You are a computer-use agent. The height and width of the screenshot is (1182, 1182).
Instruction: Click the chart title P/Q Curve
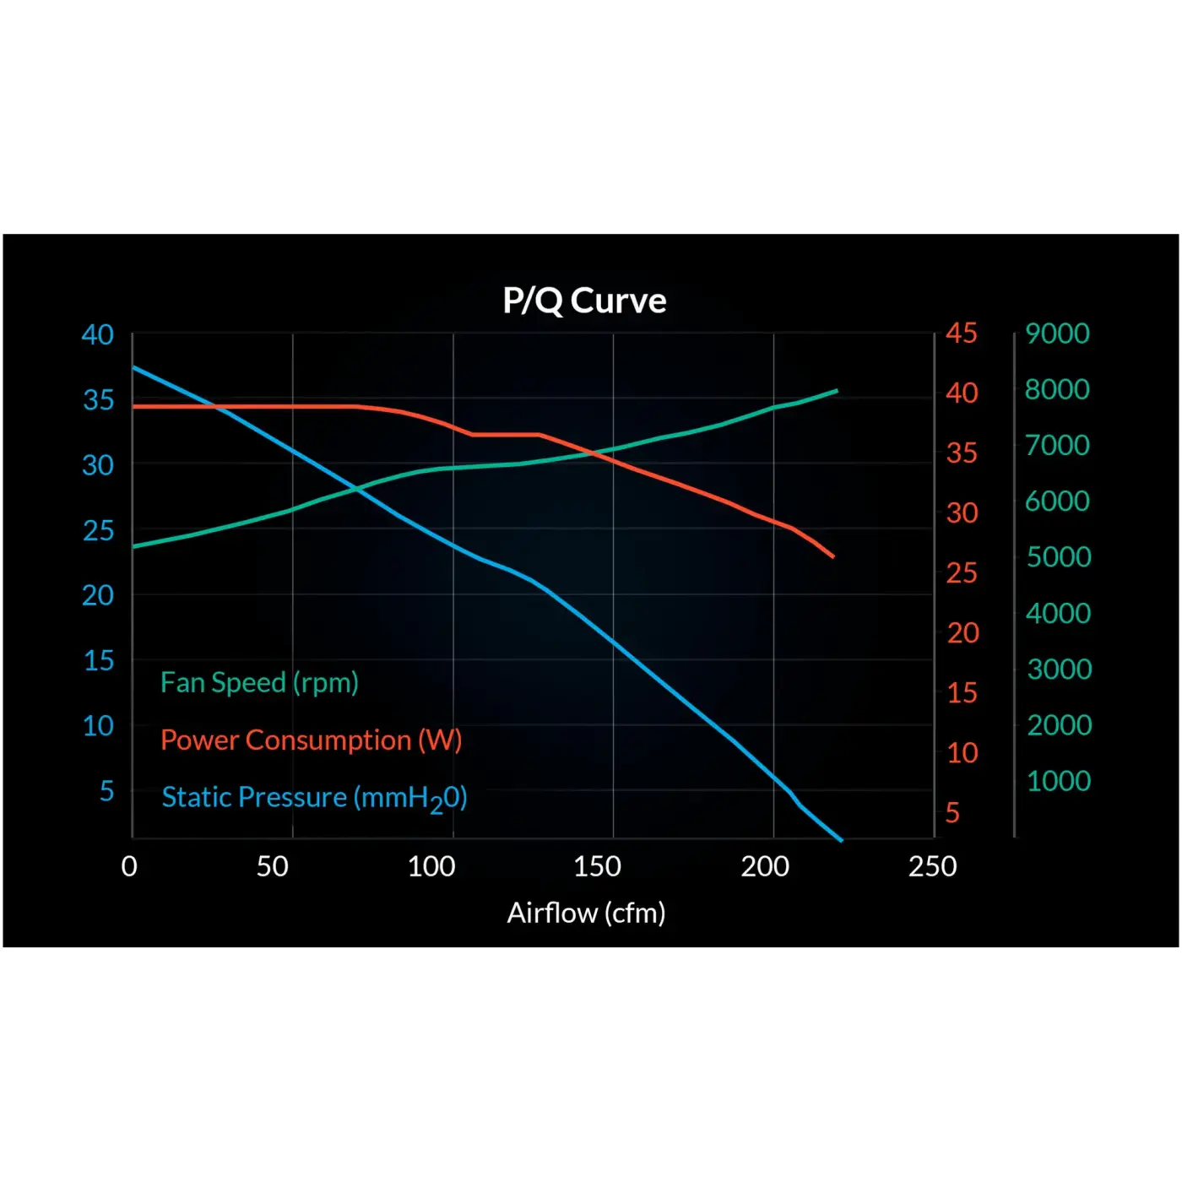[x=584, y=301]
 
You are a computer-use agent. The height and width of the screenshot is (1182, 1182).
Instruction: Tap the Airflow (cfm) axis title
[x=586, y=914]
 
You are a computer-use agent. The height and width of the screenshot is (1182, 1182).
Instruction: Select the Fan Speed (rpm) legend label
[x=259, y=683]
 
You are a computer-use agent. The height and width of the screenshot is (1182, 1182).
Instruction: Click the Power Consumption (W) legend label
[x=311, y=740]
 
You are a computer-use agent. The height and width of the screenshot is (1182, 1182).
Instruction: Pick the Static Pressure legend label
[x=314, y=798]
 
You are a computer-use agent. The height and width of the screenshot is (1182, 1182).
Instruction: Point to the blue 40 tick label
[x=98, y=335]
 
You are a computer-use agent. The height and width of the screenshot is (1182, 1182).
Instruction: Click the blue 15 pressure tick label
[x=99, y=661]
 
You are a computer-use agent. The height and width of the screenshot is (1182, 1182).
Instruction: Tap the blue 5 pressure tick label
[x=106, y=791]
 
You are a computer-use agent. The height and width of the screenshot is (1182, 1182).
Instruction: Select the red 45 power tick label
[x=961, y=333]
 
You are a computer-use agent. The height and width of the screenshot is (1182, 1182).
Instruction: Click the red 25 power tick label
[x=961, y=573]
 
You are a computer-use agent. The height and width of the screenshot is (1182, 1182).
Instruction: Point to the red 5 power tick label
[x=952, y=813]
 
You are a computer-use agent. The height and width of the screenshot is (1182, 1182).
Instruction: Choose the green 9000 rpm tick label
[x=1058, y=333]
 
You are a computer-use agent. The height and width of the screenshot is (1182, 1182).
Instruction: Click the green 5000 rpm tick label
[x=1059, y=557]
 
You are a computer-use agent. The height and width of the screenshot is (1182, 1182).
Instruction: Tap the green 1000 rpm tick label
[x=1059, y=782]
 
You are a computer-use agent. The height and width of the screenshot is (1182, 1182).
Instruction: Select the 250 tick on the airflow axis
[x=932, y=867]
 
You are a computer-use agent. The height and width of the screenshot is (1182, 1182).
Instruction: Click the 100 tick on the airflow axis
[x=431, y=867]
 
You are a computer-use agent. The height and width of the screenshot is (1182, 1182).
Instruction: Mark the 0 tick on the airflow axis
[x=129, y=867]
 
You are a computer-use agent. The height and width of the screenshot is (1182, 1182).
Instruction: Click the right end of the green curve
[x=838, y=391]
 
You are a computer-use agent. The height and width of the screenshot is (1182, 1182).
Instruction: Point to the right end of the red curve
[x=833, y=557]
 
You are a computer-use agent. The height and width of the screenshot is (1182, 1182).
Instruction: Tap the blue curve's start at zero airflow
[x=133, y=367]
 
